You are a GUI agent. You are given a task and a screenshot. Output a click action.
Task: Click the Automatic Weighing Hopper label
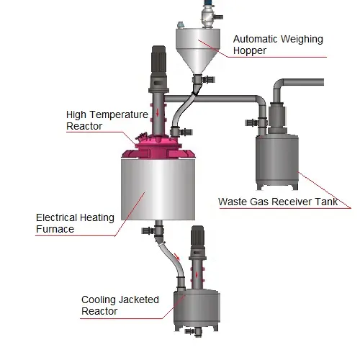pyautogui.click(x=278, y=45)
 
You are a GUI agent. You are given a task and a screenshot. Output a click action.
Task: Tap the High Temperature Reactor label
pyautogui.click(x=107, y=120)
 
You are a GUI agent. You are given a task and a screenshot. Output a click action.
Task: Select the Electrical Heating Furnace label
pyautogui.click(x=75, y=223)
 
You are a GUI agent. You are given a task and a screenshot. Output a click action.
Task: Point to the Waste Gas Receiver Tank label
pyautogui.click(x=278, y=202)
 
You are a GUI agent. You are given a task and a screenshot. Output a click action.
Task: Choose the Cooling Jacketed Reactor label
pyautogui.click(x=120, y=305)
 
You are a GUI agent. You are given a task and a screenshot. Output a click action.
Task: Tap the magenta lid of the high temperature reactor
pyautogui.click(x=158, y=148)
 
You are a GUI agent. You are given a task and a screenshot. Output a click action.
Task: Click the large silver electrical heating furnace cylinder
pyautogui.click(x=158, y=189)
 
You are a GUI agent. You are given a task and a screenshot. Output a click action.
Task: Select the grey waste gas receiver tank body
pyautogui.click(x=277, y=161)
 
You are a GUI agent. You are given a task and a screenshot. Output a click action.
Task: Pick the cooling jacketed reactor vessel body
pyautogui.click(x=197, y=310)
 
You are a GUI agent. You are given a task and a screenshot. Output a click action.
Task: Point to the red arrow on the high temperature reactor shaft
pyautogui.click(x=158, y=112)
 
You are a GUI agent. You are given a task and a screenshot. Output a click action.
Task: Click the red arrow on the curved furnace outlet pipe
pyautogui.click(x=177, y=256)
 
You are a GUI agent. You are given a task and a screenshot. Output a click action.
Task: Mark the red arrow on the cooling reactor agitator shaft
pyautogui.click(x=197, y=274)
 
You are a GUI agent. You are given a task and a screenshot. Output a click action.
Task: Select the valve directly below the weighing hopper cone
pyautogui.click(x=204, y=79)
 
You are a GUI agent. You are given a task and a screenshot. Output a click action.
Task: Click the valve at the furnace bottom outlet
pyautogui.click(x=153, y=230)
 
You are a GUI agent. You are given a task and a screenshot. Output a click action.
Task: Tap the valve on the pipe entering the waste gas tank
pyautogui.click(x=256, y=122)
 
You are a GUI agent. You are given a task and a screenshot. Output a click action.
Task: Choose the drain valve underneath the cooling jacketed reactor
pyautogui.click(x=194, y=331)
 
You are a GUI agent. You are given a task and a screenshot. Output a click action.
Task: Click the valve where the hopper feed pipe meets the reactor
pyautogui.click(x=181, y=132)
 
